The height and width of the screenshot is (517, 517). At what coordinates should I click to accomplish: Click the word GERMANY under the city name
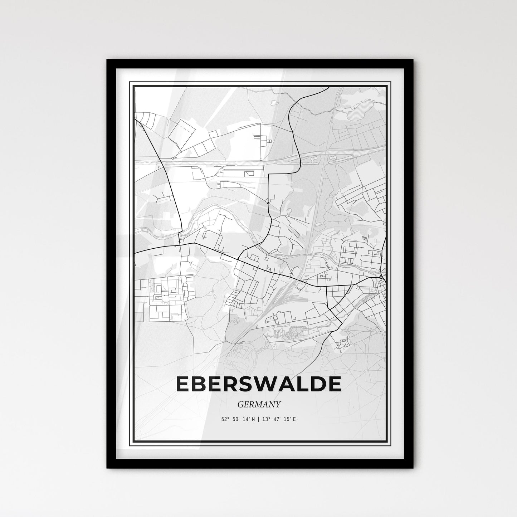259,404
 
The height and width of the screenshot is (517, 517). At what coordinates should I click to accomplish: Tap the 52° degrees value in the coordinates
225,419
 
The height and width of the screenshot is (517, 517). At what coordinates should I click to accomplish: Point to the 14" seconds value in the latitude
246,419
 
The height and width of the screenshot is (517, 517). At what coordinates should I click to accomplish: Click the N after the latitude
253,419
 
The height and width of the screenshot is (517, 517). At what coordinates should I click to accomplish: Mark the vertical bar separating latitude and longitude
258,419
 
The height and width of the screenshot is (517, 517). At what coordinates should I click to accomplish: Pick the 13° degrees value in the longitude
265,419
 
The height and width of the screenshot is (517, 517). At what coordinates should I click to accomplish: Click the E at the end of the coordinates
294,419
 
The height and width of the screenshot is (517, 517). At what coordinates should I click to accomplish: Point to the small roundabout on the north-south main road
268,203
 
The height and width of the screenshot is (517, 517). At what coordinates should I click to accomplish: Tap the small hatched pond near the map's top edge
274,103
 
